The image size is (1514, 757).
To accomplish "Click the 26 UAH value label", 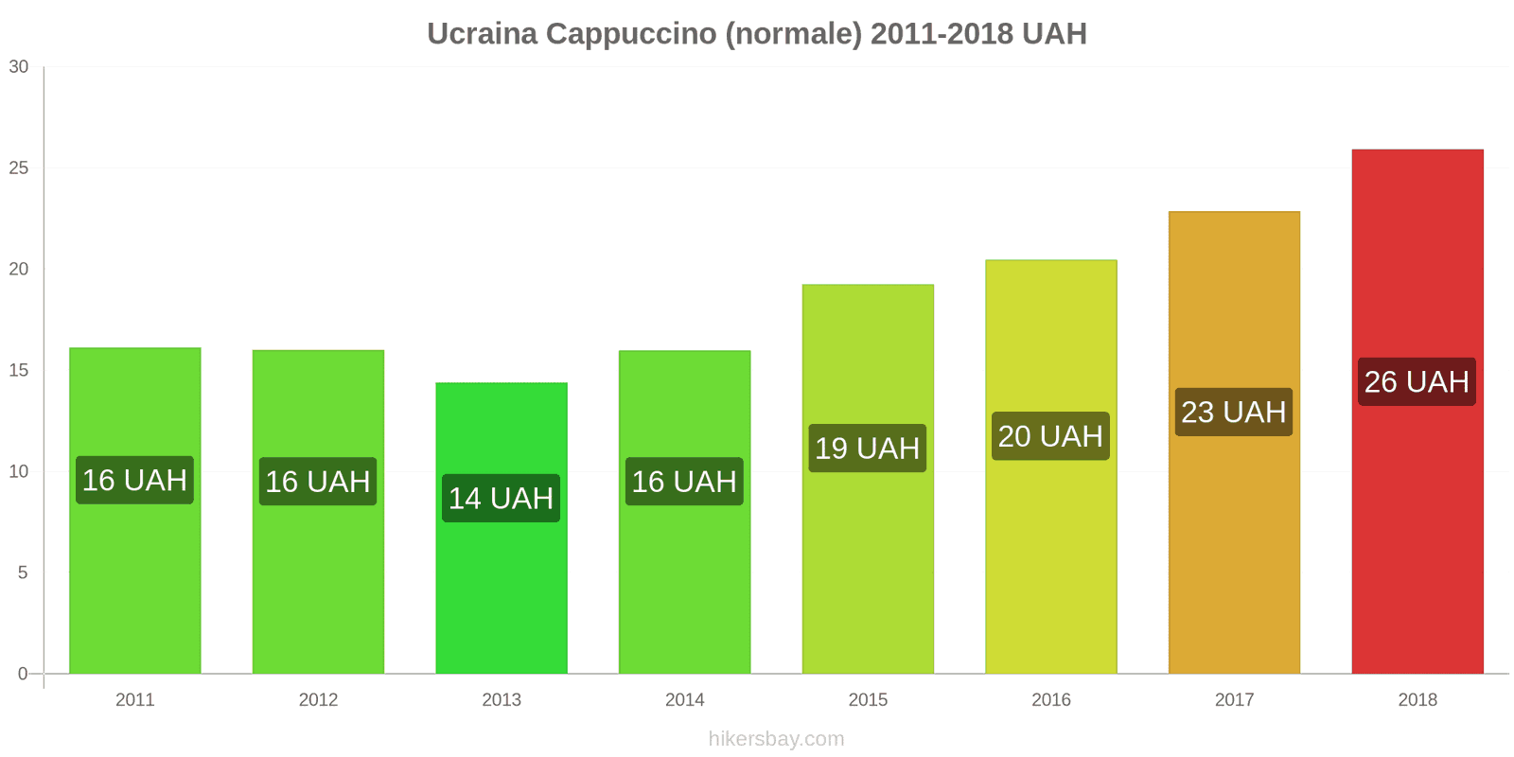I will pos(1417,381).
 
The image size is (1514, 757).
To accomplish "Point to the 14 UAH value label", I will pos(501,498).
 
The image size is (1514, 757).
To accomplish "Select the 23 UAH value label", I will pos(1233,412).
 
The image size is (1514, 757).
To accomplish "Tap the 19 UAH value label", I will pos(867,448).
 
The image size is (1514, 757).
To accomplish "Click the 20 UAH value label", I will pos(1050,436).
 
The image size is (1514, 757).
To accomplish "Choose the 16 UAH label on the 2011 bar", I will pos(134,480).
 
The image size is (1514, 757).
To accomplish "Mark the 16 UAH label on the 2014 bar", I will pos(684,481).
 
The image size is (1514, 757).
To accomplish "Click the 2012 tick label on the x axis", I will pos(318,699).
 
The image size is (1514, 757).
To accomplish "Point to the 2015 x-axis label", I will pos(868,699).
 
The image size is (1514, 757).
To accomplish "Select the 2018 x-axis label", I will pos(1417,699).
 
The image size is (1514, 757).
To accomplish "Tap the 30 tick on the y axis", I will pos(19,66).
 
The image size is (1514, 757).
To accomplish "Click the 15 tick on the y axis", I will pos(19,370).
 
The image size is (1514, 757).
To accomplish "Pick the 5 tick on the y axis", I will pos(23,572).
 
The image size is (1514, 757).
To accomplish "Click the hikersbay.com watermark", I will pos(776,739).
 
